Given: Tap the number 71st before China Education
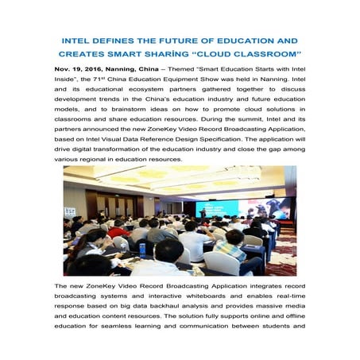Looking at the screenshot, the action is pos(111,81).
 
